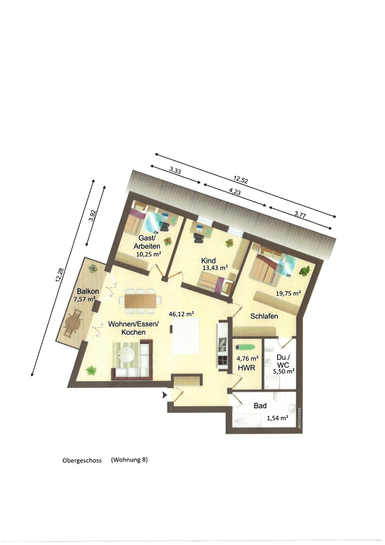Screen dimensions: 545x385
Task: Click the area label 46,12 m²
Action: pyautogui.click(x=182, y=314)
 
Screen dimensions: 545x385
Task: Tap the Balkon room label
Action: pyautogui.click(x=87, y=291)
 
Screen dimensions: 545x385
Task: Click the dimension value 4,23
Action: pyautogui.click(x=235, y=192)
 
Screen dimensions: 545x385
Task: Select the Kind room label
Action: pyautogui.click(x=209, y=261)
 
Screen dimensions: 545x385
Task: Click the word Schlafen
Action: pyautogui.click(x=265, y=317)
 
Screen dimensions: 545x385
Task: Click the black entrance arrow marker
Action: pyautogui.click(x=165, y=393)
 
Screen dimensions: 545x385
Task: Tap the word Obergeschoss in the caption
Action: pyautogui.click(x=82, y=460)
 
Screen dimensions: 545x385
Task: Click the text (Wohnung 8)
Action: pyautogui.click(x=129, y=459)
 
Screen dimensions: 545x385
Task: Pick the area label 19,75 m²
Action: pyautogui.click(x=289, y=293)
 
